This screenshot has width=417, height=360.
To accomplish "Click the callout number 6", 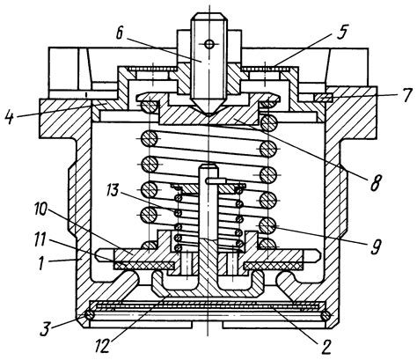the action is tap(120, 33).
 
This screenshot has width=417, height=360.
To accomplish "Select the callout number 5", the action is tap(341, 33).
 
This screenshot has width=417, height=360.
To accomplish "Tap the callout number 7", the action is tap(406, 95).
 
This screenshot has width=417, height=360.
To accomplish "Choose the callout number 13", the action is tap(112, 190).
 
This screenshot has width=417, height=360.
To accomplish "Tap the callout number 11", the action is tap(40, 240).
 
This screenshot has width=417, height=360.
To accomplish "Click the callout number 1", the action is tap(41, 263).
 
